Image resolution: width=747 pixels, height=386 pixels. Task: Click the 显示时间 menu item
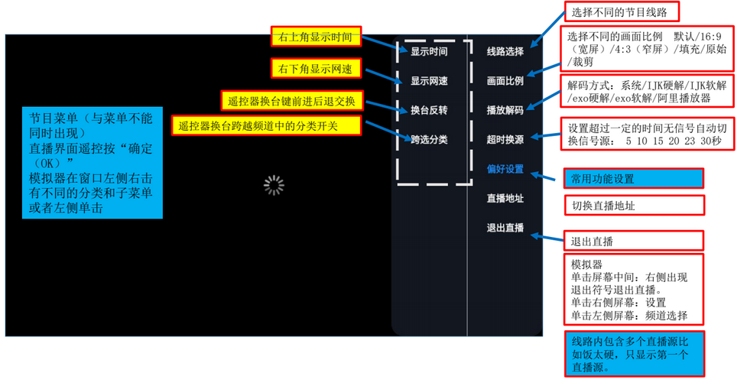click(429, 51)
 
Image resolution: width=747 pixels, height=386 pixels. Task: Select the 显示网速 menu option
click(429, 80)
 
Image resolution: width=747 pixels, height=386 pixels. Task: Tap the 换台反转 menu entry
click(429, 110)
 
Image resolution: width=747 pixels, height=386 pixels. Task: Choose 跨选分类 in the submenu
click(429, 140)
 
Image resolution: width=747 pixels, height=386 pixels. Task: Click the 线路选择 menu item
click(505, 51)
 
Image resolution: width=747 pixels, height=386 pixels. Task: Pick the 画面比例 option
click(505, 80)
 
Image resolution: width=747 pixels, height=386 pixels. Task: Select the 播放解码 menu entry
click(505, 110)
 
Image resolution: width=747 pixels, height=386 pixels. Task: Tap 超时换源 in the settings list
click(505, 140)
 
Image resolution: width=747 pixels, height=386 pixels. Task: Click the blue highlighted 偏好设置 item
click(505, 169)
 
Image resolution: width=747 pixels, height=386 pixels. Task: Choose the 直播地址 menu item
click(505, 198)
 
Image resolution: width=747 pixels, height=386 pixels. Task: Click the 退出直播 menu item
click(505, 228)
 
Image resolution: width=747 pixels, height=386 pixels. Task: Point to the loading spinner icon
click(274, 186)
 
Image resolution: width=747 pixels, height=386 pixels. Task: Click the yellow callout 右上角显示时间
click(316, 37)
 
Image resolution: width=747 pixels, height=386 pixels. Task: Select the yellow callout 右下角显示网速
click(316, 69)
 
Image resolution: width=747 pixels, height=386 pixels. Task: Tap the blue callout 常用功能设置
click(634, 179)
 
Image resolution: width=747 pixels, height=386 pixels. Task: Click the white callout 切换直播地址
click(634, 206)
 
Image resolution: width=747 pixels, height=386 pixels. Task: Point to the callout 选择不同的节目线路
click(622, 12)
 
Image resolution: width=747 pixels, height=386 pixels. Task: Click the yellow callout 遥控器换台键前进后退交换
click(292, 101)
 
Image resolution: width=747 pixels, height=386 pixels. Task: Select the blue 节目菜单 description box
click(93, 163)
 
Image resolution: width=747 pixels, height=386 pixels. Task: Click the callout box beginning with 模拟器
click(634, 290)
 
